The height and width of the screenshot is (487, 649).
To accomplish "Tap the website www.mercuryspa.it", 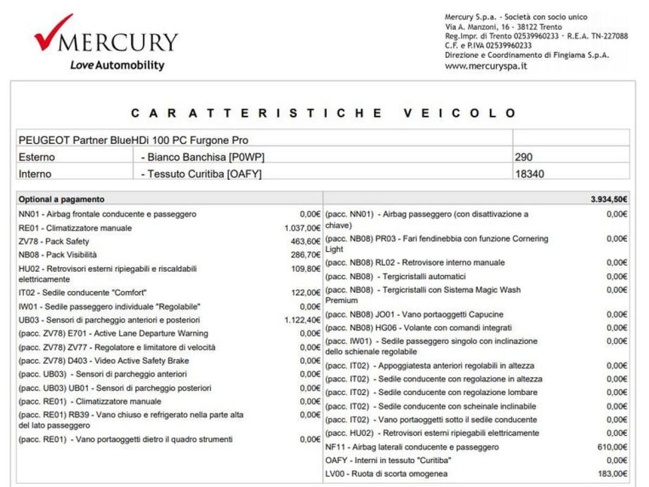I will tap(485, 67).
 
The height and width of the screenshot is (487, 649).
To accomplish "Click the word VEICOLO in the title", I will tap(460, 113).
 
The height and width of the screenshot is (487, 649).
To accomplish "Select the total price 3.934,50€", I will tap(609, 199).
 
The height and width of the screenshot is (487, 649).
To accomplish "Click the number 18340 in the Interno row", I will tap(529, 174).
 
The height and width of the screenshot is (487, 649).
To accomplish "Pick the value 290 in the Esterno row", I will tap(524, 157).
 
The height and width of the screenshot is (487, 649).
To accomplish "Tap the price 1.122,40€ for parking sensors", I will tap(302, 320).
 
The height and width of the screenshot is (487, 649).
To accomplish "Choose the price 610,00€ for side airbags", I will tap(612, 447).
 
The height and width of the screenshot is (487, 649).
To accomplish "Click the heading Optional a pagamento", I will tap(61, 199).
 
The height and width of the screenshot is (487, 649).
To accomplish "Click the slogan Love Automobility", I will tap(117, 65).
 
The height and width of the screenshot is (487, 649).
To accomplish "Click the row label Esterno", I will tap(37, 157).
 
